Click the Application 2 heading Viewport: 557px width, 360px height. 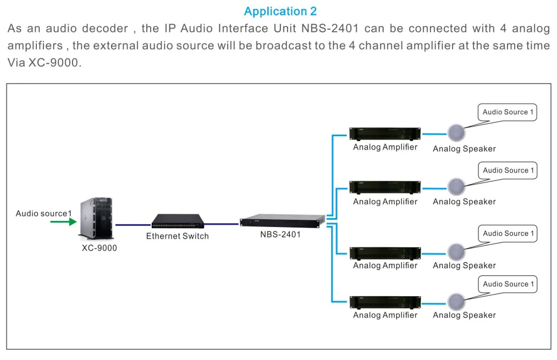click(x=280, y=12)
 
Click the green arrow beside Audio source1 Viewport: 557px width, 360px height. click(x=63, y=222)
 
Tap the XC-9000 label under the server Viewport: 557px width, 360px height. click(x=100, y=248)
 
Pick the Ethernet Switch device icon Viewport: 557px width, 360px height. click(x=178, y=221)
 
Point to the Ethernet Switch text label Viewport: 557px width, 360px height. click(x=177, y=236)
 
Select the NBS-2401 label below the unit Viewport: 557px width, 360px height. click(x=280, y=235)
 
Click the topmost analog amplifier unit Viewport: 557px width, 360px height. click(x=385, y=134)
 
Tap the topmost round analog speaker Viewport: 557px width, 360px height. click(x=456, y=133)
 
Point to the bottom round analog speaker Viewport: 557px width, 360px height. click(x=456, y=301)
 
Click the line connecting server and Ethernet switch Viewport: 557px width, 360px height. click(x=133, y=224)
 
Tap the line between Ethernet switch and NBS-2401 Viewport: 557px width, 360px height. click(x=222, y=224)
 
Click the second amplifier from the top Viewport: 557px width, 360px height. click(x=385, y=187)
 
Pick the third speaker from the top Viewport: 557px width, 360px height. click(x=456, y=251)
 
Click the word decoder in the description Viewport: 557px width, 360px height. click(x=104, y=29)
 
